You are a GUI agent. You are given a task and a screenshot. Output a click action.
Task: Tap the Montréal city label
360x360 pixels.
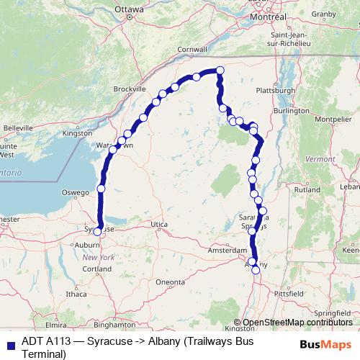[x=268, y=16]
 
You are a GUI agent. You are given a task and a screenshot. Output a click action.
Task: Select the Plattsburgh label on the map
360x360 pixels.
[x=276, y=91]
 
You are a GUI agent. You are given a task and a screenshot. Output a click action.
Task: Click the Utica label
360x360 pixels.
[x=159, y=225]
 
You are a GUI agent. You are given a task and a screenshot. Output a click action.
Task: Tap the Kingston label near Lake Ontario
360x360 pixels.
[x=78, y=133]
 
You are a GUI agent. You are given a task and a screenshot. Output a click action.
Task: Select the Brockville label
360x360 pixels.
[x=130, y=89]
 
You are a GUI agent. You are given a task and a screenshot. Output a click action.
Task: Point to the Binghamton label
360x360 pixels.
[x=114, y=325]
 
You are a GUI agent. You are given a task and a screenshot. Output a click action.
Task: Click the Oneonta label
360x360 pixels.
[x=171, y=282]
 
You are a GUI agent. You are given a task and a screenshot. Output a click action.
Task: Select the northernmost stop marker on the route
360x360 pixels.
[x=220, y=70]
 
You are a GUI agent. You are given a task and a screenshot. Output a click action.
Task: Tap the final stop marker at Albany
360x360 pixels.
[x=255, y=270]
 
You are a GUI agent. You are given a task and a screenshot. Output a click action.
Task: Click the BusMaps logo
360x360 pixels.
[x=325, y=344]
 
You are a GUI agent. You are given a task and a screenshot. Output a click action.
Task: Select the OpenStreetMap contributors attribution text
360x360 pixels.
[x=297, y=323]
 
